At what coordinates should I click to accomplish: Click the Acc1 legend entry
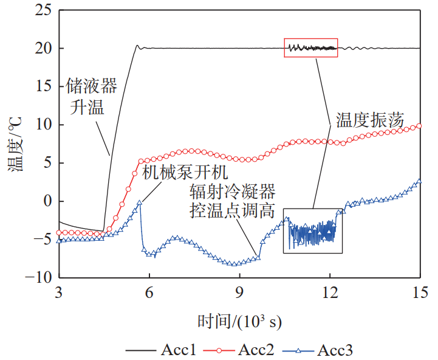point(161,350)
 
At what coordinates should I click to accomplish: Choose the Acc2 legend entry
point(239,350)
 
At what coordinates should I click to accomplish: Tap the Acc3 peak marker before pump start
point(140,202)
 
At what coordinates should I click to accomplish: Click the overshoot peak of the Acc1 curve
point(137,45)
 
